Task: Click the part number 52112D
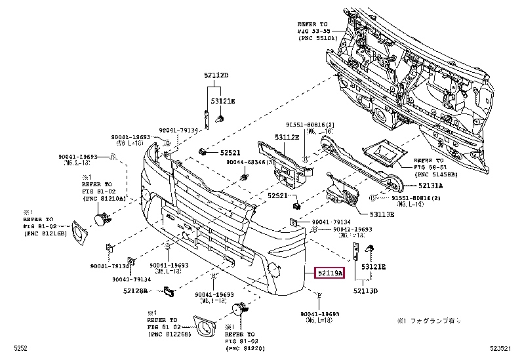pyautogui.click(x=216, y=75)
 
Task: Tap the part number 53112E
pyautogui.click(x=287, y=138)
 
